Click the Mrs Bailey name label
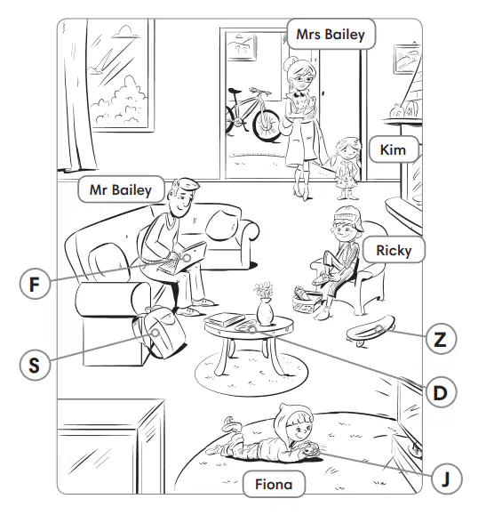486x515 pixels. pos(331,34)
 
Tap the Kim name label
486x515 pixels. pos(394,149)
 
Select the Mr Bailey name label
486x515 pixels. pos(121,189)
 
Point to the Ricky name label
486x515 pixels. pos(394,250)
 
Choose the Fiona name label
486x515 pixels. pos(274,484)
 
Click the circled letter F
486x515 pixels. pos(35,284)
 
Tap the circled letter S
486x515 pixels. pos(35,365)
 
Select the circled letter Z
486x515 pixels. pos(441,339)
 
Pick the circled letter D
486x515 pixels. pos(441,392)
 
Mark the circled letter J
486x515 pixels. pos(446,479)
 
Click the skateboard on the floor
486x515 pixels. pos(370,330)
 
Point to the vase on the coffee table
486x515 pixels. pos(265,310)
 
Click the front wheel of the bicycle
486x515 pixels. pos(267,125)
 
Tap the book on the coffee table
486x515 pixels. pos(224,319)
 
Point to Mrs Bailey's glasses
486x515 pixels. pos(304,79)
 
